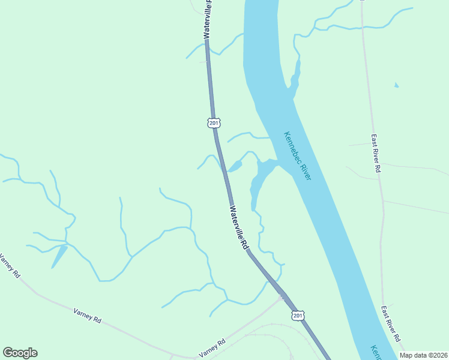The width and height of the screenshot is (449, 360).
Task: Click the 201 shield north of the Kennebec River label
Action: (x=214, y=122)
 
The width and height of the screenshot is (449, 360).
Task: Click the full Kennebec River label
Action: (x=298, y=156)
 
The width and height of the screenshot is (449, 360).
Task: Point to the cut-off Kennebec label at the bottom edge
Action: (x=376, y=352)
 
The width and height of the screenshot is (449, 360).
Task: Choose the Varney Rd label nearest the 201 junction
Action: (x=212, y=347)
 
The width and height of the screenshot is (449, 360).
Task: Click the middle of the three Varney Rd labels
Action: (x=88, y=316)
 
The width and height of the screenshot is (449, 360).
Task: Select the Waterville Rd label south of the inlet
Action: (x=238, y=228)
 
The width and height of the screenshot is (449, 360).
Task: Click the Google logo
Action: (x=20, y=353)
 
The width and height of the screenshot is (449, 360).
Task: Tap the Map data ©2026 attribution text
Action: (x=423, y=355)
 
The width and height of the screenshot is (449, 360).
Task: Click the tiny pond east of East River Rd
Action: (x=396, y=85)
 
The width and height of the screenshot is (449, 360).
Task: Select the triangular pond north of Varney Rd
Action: (x=59, y=256)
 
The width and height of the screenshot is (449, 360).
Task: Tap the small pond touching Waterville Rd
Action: (x=235, y=166)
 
